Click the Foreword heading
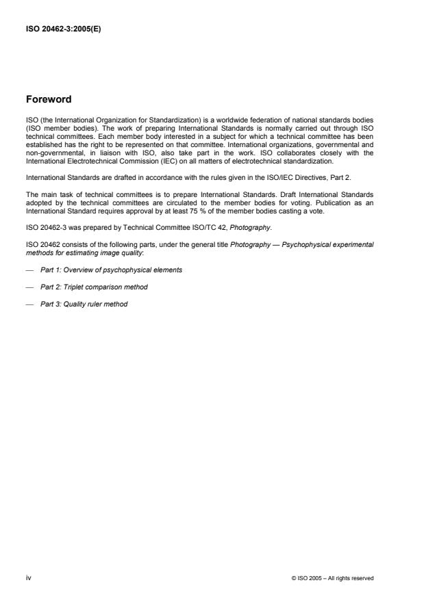coord(48,99)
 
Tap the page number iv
coord(28,577)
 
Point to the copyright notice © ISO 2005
coord(332,578)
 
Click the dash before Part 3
coord(29,304)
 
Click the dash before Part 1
coord(29,270)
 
